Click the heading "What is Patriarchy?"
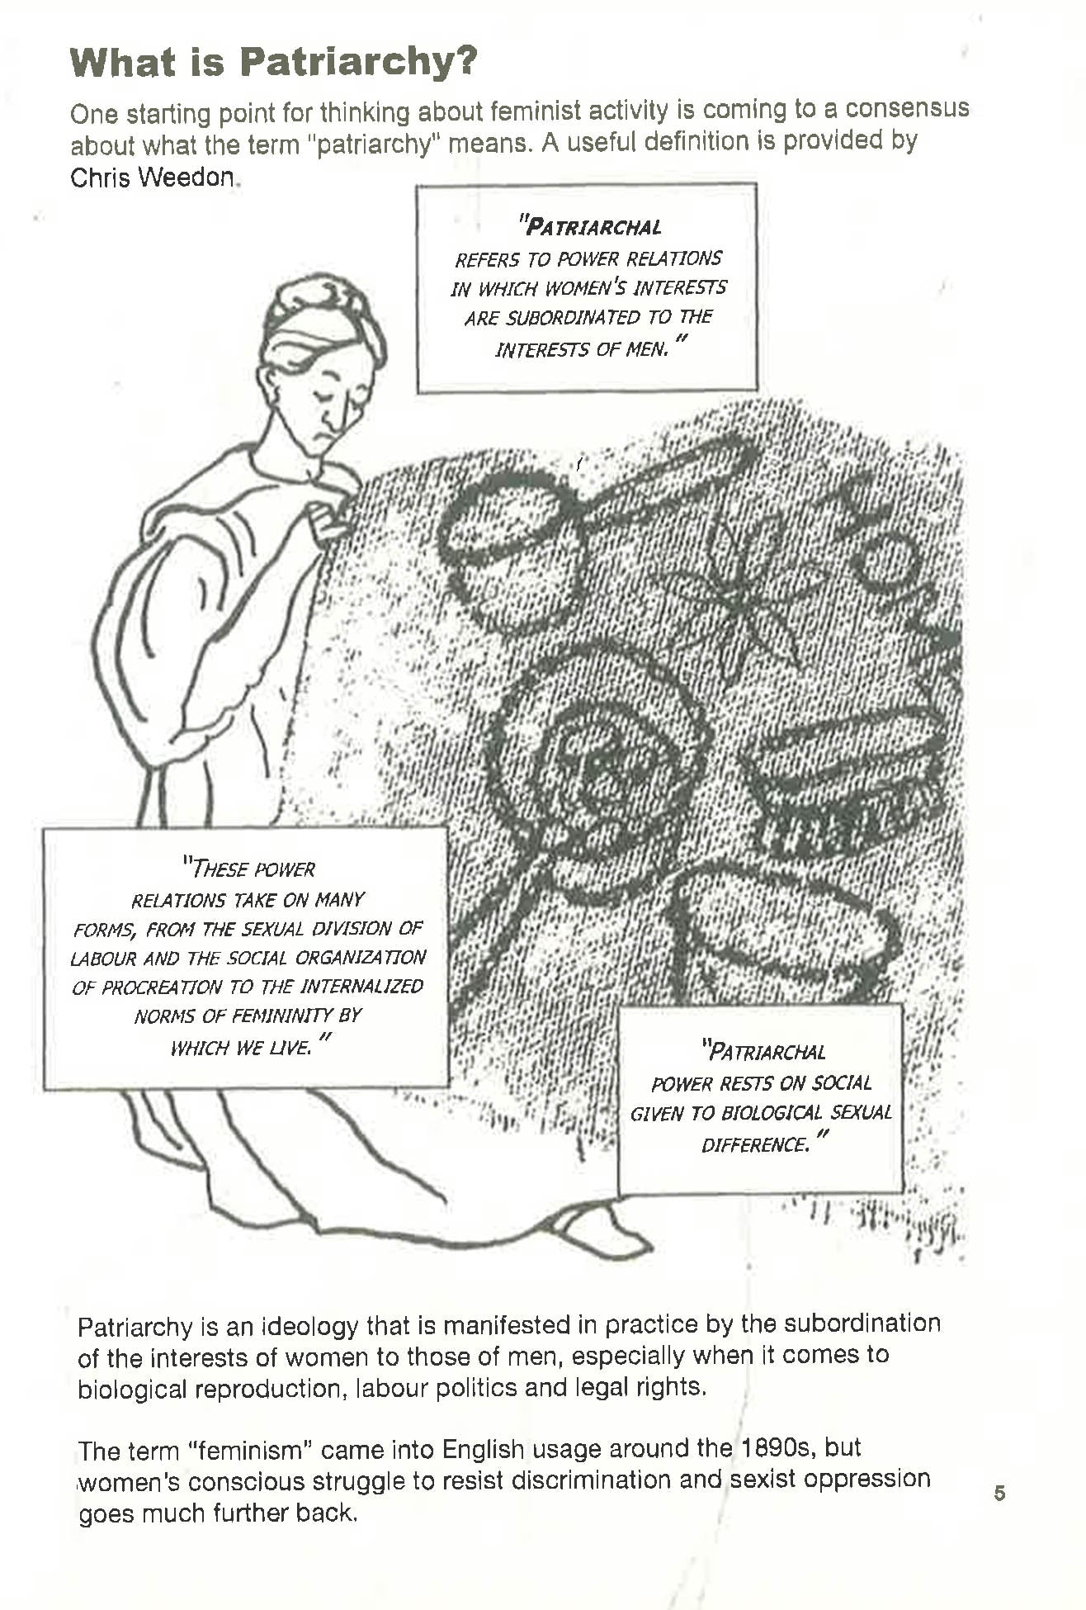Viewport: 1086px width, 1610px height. pyautogui.click(x=273, y=62)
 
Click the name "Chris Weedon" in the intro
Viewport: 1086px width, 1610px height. pyautogui.click(x=153, y=178)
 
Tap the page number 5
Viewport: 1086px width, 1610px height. pyautogui.click(x=999, y=1493)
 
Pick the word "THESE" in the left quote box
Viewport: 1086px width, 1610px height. pyautogui.click(x=219, y=869)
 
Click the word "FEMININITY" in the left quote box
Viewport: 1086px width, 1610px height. pyautogui.click(x=281, y=1016)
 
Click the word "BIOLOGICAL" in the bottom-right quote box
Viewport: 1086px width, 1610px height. pyautogui.click(x=773, y=1113)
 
